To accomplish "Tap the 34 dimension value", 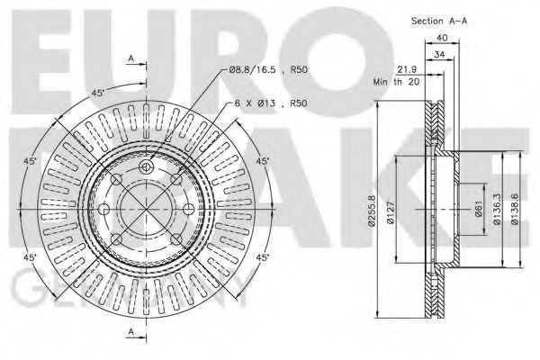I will tap(440, 54).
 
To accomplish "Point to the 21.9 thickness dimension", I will tap(407, 70).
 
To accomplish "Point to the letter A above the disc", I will tap(131, 58).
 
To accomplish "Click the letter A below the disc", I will tap(131, 332).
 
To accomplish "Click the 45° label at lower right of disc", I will tap(263, 258).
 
